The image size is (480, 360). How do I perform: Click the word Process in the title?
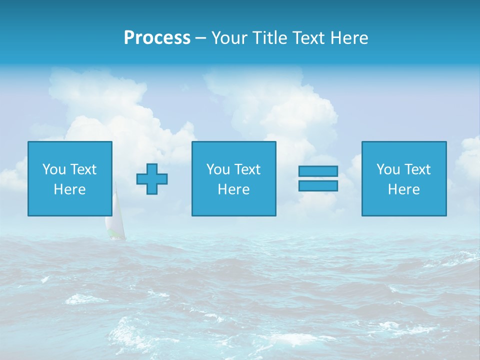[157, 38]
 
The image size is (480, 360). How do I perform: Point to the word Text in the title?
[309, 38]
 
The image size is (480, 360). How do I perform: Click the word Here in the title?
[349, 38]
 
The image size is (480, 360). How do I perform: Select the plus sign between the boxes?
[152, 179]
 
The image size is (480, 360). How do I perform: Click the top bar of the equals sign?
[318, 171]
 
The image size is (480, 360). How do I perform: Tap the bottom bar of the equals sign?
[318, 185]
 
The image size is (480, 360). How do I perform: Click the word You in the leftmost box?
[54, 169]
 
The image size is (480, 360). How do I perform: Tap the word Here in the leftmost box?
[70, 189]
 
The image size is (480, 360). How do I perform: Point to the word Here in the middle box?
[234, 189]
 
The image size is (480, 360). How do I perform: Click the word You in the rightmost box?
[388, 169]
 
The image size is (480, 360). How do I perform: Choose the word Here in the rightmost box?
[404, 189]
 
